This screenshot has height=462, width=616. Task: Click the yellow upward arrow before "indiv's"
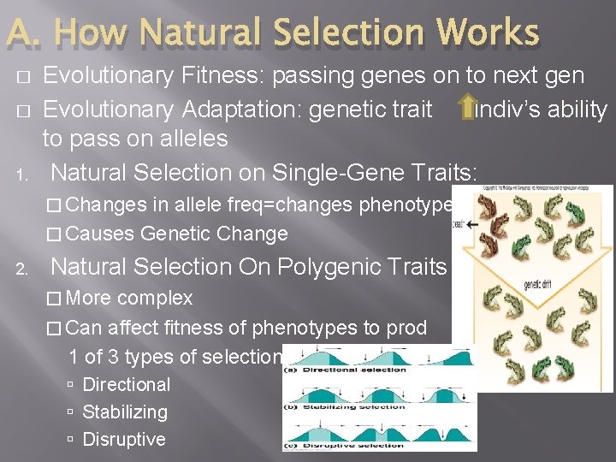click(x=466, y=109)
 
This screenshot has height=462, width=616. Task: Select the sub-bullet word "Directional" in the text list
click(x=126, y=385)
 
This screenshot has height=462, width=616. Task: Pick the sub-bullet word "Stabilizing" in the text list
click(x=125, y=412)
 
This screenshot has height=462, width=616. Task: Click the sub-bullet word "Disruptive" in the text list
click(x=124, y=440)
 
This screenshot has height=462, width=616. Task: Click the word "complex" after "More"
click(x=155, y=299)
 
